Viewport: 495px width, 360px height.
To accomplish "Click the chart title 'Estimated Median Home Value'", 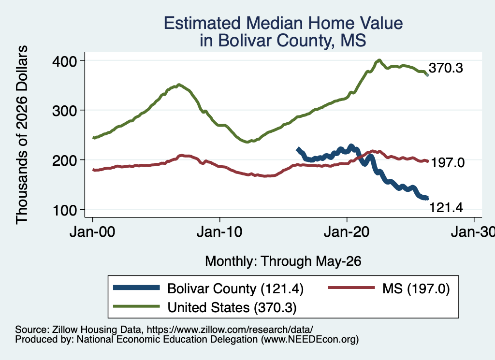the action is tap(283, 23).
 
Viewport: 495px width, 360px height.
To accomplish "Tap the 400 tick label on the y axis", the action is tap(64, 61).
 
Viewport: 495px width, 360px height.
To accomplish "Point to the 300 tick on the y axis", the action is tap(64, 111).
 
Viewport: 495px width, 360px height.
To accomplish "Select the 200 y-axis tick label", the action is tap(64, 160).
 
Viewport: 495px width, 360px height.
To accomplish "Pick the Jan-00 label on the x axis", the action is tap(92, 232).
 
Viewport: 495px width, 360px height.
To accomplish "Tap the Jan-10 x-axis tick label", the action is tap(219, 232).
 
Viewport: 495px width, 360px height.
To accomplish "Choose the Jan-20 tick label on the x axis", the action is tap(347, 232).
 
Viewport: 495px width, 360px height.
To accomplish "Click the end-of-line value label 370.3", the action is tap(446, 68).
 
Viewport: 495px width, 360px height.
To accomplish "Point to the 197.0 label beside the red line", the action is tap(448, 163).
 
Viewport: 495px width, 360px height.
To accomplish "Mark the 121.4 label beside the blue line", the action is tap(446, 208).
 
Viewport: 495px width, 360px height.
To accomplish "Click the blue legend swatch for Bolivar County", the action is tap(136, 288).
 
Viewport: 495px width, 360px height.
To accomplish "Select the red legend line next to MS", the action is tap(352, 288).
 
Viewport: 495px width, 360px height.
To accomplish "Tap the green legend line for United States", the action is tap(136, 306).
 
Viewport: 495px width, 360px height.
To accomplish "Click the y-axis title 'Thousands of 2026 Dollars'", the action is tap(22, 135).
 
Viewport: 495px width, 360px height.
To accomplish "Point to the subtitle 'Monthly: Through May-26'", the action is tap(283, 261).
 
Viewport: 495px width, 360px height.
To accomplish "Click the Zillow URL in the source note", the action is tap(230, 330).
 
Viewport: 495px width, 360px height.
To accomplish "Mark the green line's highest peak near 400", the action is tap(379, 60).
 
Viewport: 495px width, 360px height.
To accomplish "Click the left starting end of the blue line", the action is tap(297, 149).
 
